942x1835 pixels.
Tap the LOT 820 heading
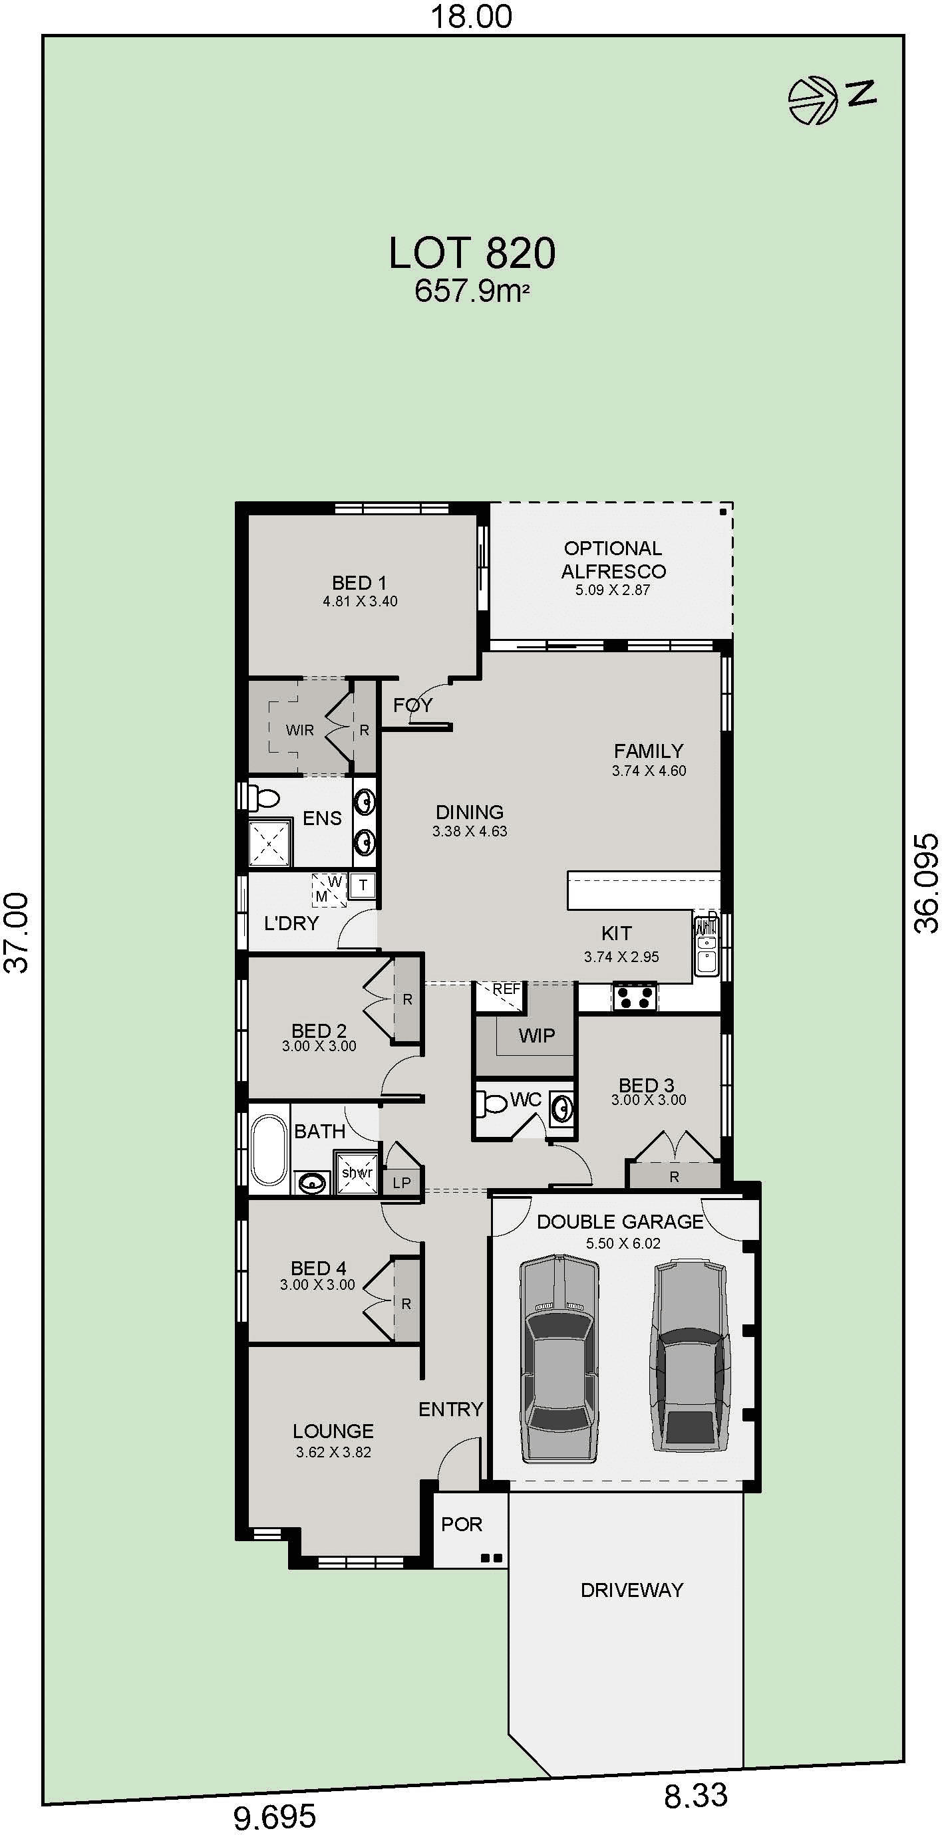coord(472,253)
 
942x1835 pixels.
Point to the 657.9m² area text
coord(472,291)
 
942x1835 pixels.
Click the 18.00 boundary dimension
coord(472,17)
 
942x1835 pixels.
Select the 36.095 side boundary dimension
coord(926,884)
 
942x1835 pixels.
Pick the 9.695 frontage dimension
coord(275,1817)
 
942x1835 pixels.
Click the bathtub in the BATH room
coord(269,1150)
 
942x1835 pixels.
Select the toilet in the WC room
coord(491,1104)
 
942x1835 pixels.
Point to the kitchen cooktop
coord(634,997)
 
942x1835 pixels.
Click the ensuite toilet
coord(263,798)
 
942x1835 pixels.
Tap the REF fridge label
coord(506,989)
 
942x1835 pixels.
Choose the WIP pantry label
coord(537,1035)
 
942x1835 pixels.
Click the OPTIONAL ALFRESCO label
coord(613,559)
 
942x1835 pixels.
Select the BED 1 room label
coord(359,582)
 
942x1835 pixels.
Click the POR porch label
coord(462,1524)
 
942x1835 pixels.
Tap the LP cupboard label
coord(402,1183)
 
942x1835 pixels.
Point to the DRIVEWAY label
coord(632,1589)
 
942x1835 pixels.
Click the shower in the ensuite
coord(269,844)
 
